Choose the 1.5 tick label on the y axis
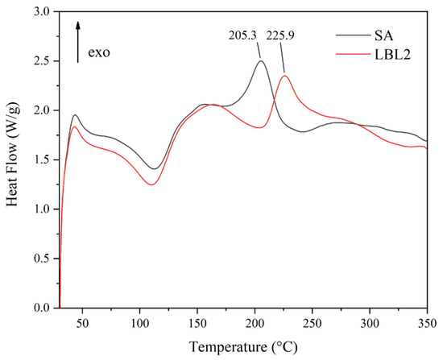click(x=42, y=159)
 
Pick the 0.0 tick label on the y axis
click(x=42, y=308)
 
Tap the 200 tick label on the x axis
click(x=255, y=321)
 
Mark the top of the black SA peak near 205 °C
click(x=260, y=61)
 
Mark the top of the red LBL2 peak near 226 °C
click(x=284, y=76)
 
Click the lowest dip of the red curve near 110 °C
click(x=150, y=184)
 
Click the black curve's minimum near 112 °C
click(x=154, y=168)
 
